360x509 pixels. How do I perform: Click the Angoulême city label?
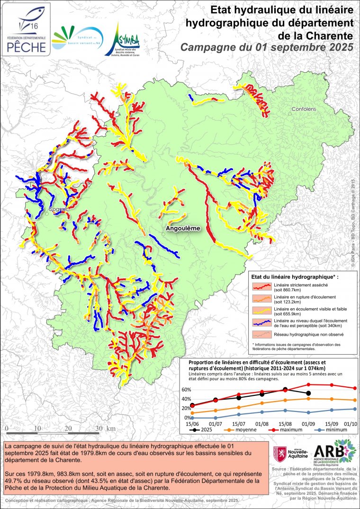pos(183,228)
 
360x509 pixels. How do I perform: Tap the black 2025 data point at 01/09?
pos(308,393)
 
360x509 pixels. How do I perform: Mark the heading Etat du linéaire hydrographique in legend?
pos(295,276)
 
